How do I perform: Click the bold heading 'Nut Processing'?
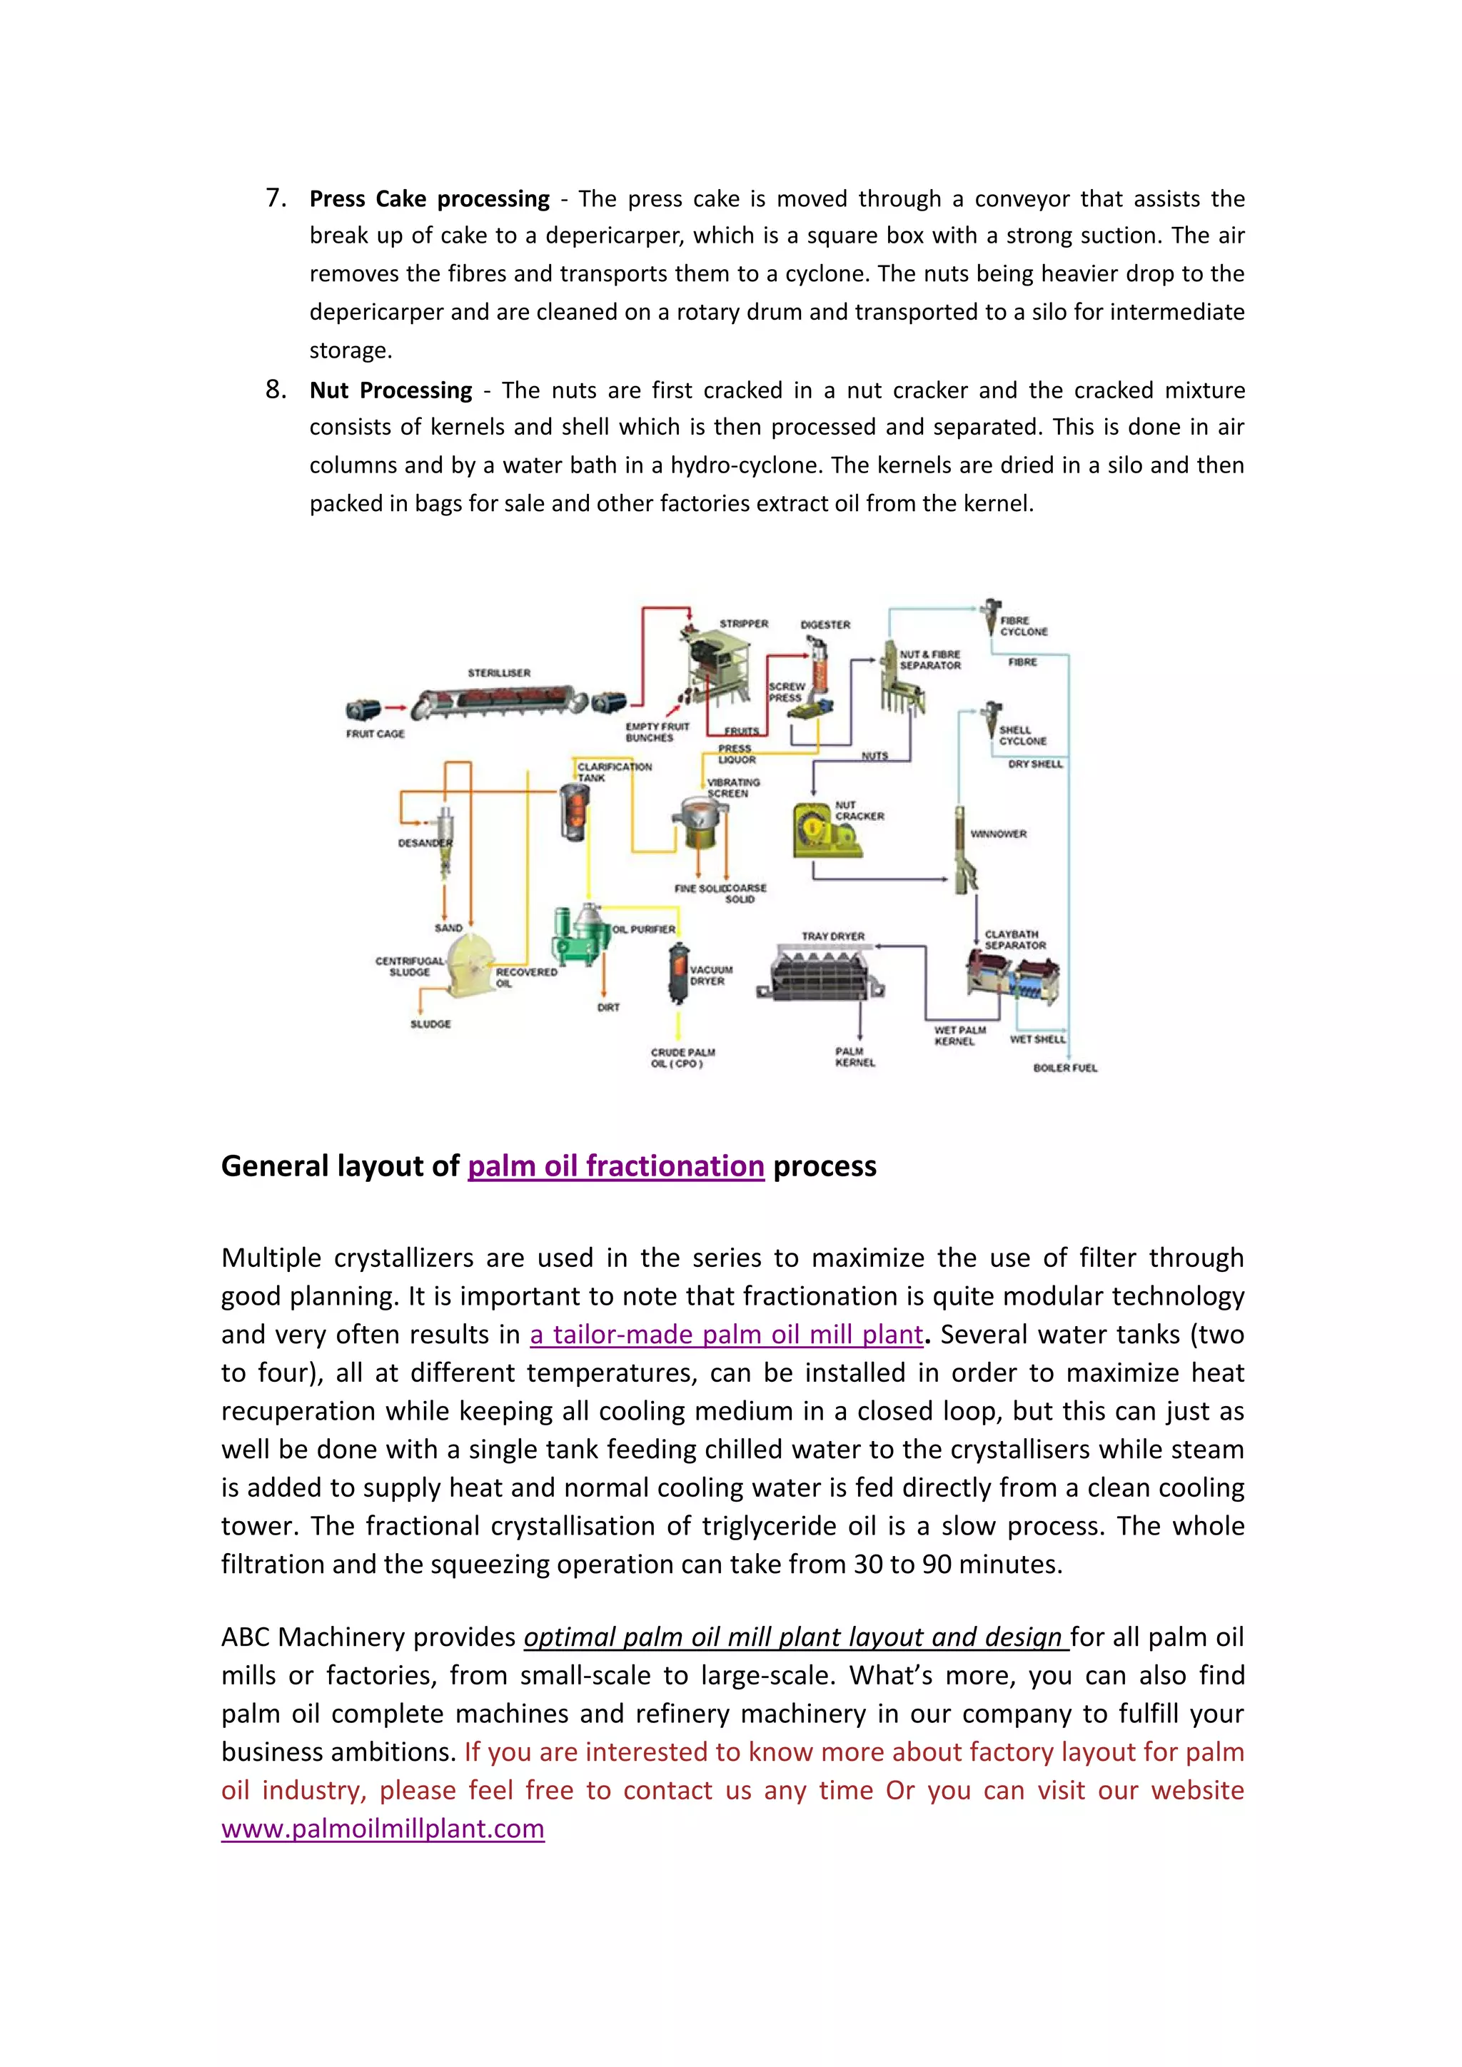tap(390, 390)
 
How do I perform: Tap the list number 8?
tap(276, 389)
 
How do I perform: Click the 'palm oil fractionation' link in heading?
tap(616, 1166)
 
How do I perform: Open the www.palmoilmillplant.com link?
tap(383, 1829)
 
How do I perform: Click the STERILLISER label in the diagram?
tap(499, 672)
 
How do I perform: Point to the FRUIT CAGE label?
tap(375, 734)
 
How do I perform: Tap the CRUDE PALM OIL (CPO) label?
tap(682, 1058)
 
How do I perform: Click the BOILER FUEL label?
tap(1065, 1068)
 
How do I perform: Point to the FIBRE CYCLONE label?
tap(1024, 626)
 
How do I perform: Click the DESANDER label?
tap(423, 844)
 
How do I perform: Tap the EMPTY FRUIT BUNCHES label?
tap(657, 732)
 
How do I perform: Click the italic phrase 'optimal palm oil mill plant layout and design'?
tap(796, 1637)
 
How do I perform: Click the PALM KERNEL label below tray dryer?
tap(854, 1057)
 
